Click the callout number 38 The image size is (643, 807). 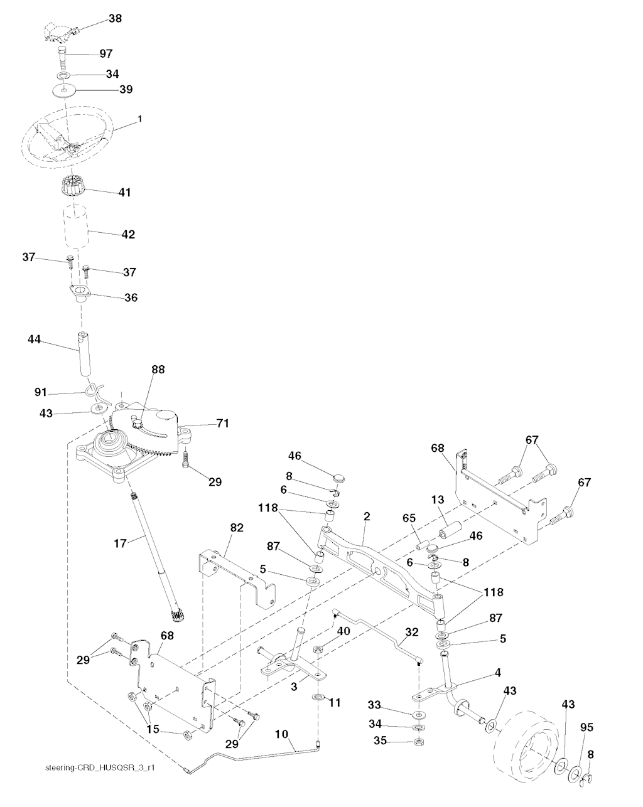tap(116, 18)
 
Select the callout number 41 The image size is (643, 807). tap(124, 192)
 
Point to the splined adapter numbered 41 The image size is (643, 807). tap(72, 185)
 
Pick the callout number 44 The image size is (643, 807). tap(34, 339)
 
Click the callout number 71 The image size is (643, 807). tap(222, 424)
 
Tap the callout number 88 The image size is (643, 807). tap(158, 370)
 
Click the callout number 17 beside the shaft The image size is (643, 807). tap(120, 543)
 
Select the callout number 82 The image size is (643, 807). tap(237, 528)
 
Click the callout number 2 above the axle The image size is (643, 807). tap(367, 516)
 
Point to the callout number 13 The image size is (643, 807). tap(438, 500)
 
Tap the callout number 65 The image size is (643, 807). tap(409, 518)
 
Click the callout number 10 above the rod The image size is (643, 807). tap(281, 734)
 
